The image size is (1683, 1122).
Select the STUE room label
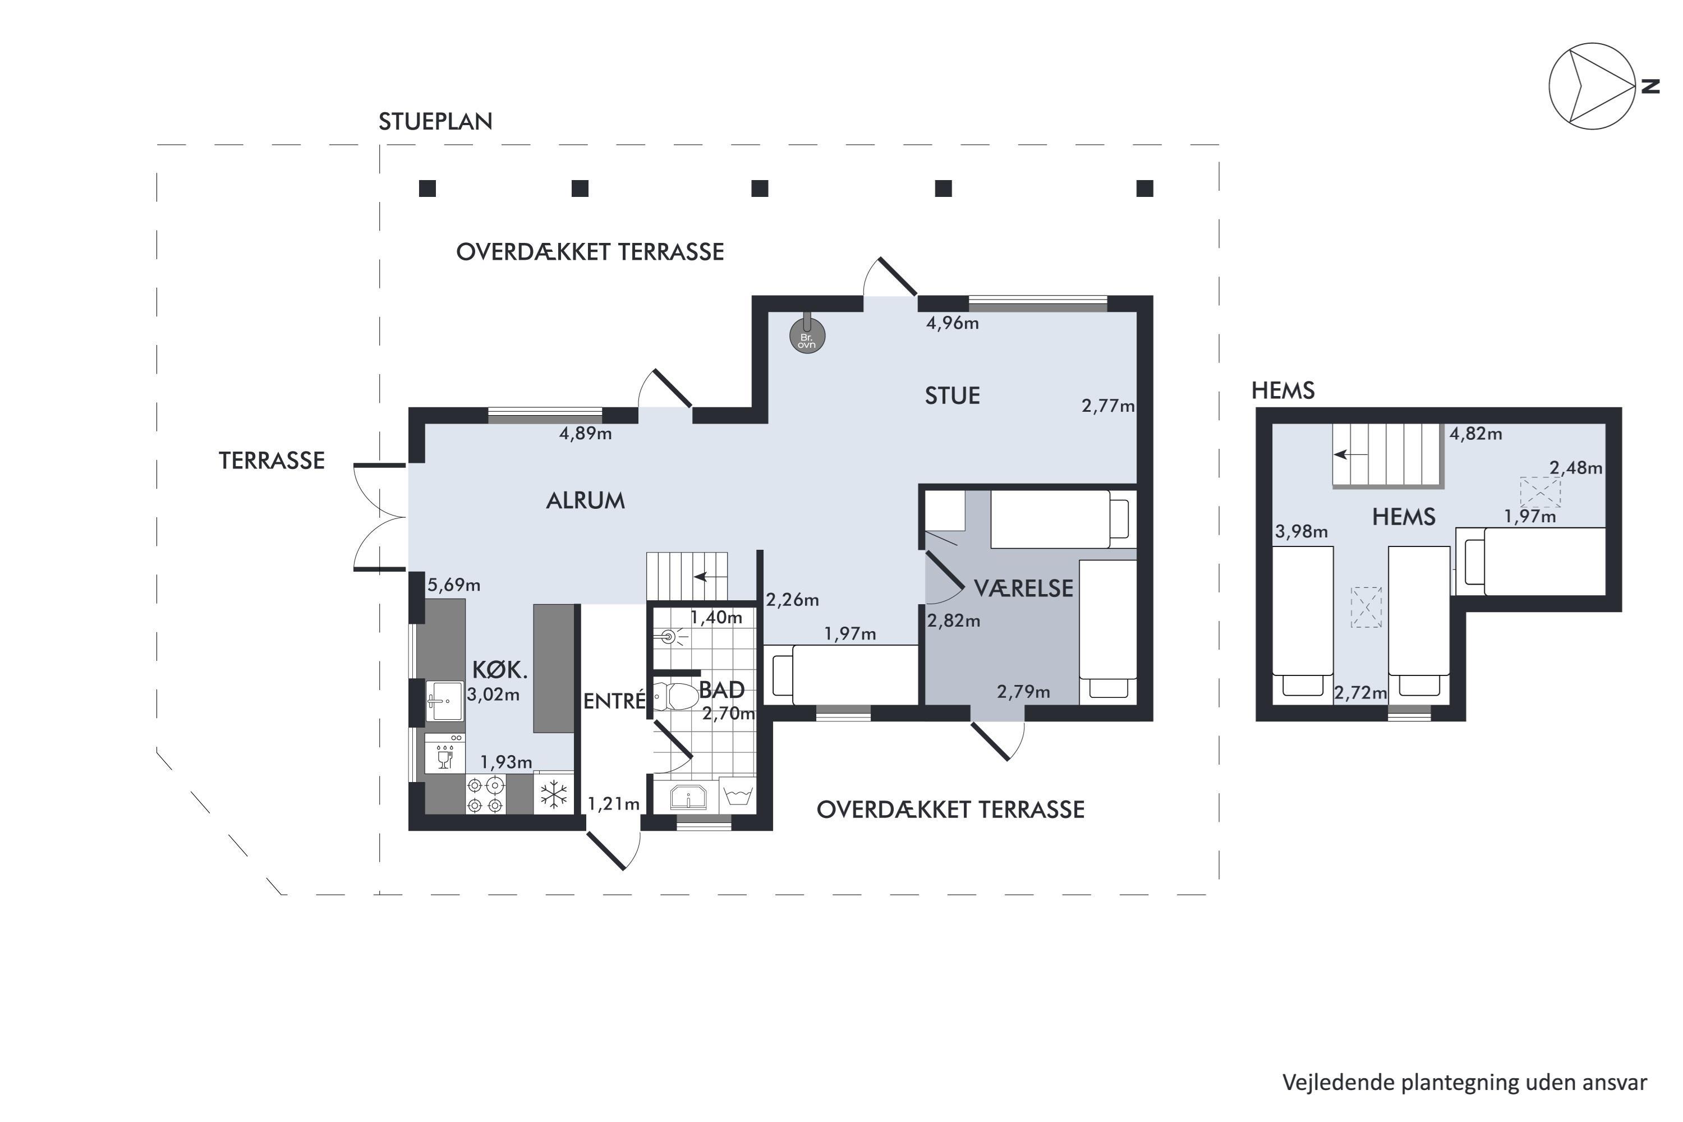coord(953,396)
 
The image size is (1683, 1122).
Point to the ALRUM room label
coord(585,501)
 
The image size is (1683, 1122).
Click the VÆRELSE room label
coord(1024,588)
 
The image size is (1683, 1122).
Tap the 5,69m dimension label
coord(454,585)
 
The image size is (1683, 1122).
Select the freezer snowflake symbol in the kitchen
coord(554,795)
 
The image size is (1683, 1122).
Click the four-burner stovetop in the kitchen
coord(486,795)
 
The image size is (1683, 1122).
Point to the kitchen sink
coord(444,701)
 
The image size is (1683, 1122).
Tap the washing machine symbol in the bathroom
coord(738,794)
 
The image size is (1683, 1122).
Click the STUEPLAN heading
coord(436,122)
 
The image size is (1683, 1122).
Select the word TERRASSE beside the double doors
coord(272,461)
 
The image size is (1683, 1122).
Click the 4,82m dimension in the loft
coord(1475,434)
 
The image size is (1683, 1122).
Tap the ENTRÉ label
coord(614,701)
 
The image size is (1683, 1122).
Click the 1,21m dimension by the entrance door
coord(613,804)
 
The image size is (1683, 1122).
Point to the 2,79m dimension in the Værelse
coord(1023,692)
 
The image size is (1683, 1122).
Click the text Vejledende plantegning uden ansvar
coord(1465,1083)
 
